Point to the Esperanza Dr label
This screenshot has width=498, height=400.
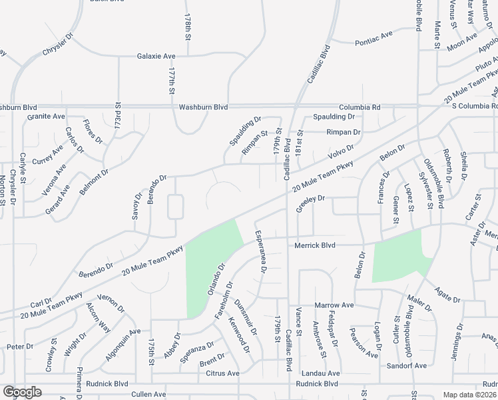(260, 252)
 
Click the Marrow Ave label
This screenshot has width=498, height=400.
(333, 305)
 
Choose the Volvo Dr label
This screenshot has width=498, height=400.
(340, 151)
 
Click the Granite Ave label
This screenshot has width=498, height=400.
(46, 116)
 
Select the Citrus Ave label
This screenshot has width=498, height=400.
(222, 373)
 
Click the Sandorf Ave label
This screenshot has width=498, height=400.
(407, 366)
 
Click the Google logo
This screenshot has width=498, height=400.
(22, 392)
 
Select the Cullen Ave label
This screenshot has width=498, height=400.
(148, 394)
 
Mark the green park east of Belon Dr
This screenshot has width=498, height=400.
(398, 257)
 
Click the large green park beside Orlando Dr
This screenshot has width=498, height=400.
(212, 267)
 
